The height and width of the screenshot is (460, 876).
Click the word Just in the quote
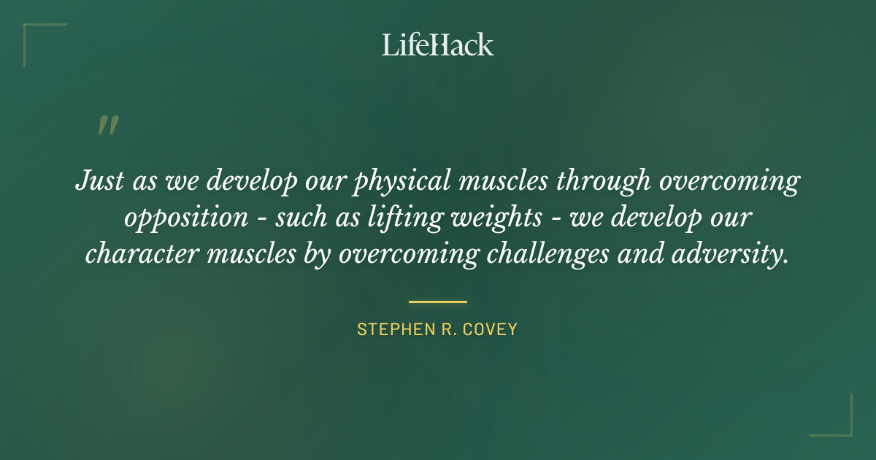[x=99, y=181]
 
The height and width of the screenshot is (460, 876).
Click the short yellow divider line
[x=438, y=301]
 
